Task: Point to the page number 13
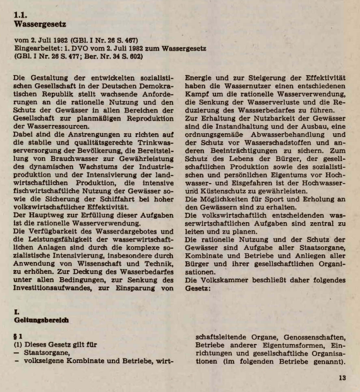point(341,379)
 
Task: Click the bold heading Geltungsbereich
point(41,320)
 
